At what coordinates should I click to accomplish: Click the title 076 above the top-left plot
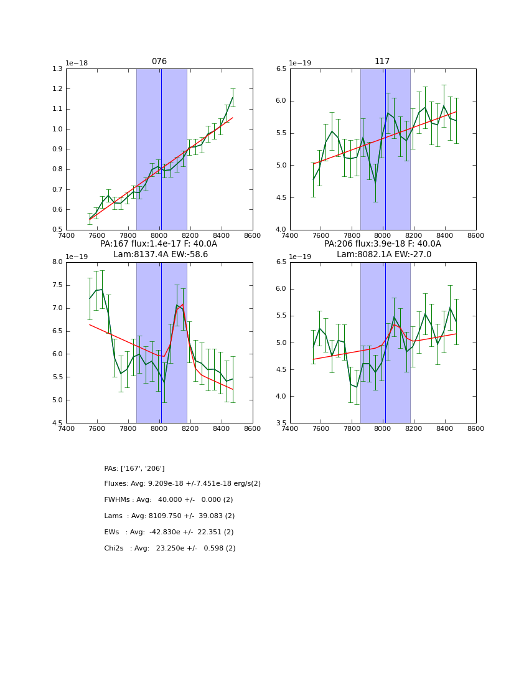click(x=159, y=62)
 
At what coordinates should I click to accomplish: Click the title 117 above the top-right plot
click(x=382, y=62)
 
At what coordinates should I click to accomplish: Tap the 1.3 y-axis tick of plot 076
click(x=58, y=68)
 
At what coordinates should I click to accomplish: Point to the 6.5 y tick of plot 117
click(x=281, y=68)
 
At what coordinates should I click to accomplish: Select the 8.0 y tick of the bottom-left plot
click(x=58, y=262)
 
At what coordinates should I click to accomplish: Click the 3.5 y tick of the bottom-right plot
click(x=281, y=423)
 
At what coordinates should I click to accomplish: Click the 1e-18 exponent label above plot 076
click(x=77, y=63)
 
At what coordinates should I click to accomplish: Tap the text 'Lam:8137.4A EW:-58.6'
click(x=161, y=254)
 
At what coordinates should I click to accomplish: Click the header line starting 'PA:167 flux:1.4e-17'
click(x=159, y=244)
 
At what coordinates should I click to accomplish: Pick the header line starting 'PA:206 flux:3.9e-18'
click(x=382, y=244)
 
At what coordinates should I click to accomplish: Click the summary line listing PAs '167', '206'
click(x=134, y=468)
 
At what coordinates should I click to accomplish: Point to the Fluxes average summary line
click(x=182, y=484)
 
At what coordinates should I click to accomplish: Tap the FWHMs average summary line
click(x=168, y=500)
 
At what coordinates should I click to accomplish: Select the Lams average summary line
click(x=169, y=516)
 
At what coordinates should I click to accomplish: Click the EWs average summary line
click(x=169, y=532)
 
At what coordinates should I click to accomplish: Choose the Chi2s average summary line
click(x=170, y=549)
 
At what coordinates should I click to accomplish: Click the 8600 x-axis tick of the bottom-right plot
click(x=475, y=428)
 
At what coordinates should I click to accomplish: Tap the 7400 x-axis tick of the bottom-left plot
click(x=66, y=428)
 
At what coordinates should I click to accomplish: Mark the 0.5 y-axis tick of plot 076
click(x=58, y=230)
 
